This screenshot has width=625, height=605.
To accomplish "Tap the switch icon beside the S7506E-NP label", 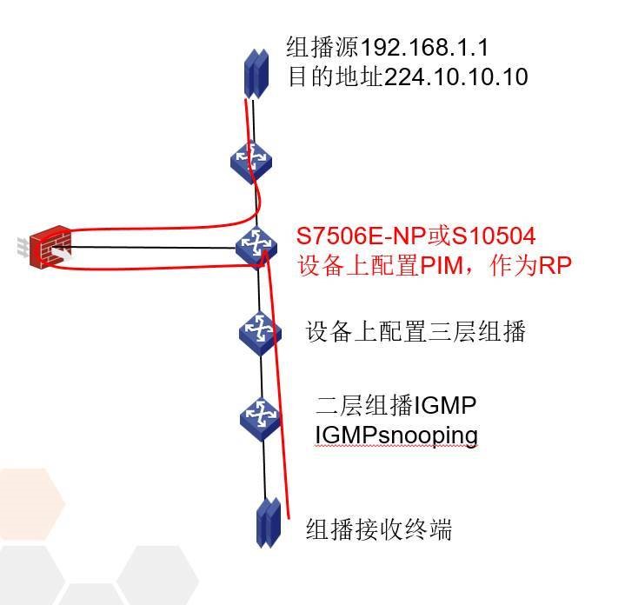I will coord(256,243).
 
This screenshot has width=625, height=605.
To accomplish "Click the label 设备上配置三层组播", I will coord(416,331).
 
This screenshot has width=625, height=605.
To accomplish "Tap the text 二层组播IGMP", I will coord(396,405).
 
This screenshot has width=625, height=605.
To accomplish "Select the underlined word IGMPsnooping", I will coord(396,434).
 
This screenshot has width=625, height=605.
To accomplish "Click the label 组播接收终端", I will coord(378,529).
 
